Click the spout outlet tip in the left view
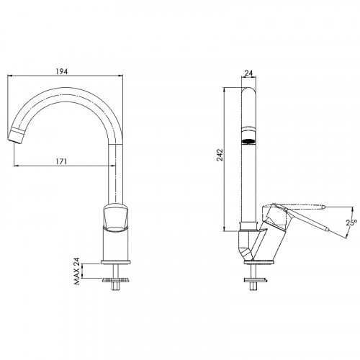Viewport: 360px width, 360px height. tap(19, 135)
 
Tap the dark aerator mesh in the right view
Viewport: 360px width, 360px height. tap(249, 140)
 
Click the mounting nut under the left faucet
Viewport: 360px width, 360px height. tap(114, 278)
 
